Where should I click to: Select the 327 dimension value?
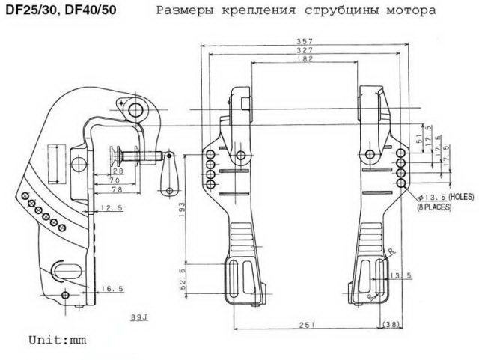click(x=305, y=50)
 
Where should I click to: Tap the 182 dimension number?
click(x=305, y=59)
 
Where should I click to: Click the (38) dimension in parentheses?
click(x=392, y=324)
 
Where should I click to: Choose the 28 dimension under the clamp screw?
click(x=120, y=171)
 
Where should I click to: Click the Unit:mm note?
click(x=58, y=339)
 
